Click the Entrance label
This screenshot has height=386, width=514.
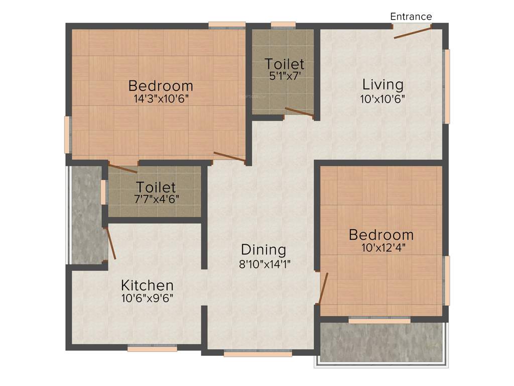pos(411,17)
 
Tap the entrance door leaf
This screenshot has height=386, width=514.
pos(413,32)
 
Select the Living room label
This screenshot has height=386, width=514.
pos(383,84)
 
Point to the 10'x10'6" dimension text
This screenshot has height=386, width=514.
pos(382,99)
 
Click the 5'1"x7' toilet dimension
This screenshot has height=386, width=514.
pos(285,76)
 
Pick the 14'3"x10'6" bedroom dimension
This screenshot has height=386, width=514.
pos(161,99)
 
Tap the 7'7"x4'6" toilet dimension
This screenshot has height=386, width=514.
pos(156,200)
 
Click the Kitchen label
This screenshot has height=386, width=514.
pos(148,285)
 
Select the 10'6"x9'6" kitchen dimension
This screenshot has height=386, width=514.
pos(148,298)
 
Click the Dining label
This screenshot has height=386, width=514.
pos(264,250)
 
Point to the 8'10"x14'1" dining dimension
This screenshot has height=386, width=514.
pos(265,263)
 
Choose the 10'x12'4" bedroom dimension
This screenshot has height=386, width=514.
pos(381,247)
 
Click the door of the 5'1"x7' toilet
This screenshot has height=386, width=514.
pos(300,113)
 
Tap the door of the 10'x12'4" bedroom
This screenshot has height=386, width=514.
pos(323,288)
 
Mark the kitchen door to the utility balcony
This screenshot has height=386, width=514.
pos(110,243)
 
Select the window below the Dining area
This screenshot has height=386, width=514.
pos(258,353)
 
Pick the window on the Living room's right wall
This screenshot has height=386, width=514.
pos(446,86)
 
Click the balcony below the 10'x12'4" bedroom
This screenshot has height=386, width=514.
pos(381,342)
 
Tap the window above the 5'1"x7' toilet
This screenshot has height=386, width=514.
pos(283,24)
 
